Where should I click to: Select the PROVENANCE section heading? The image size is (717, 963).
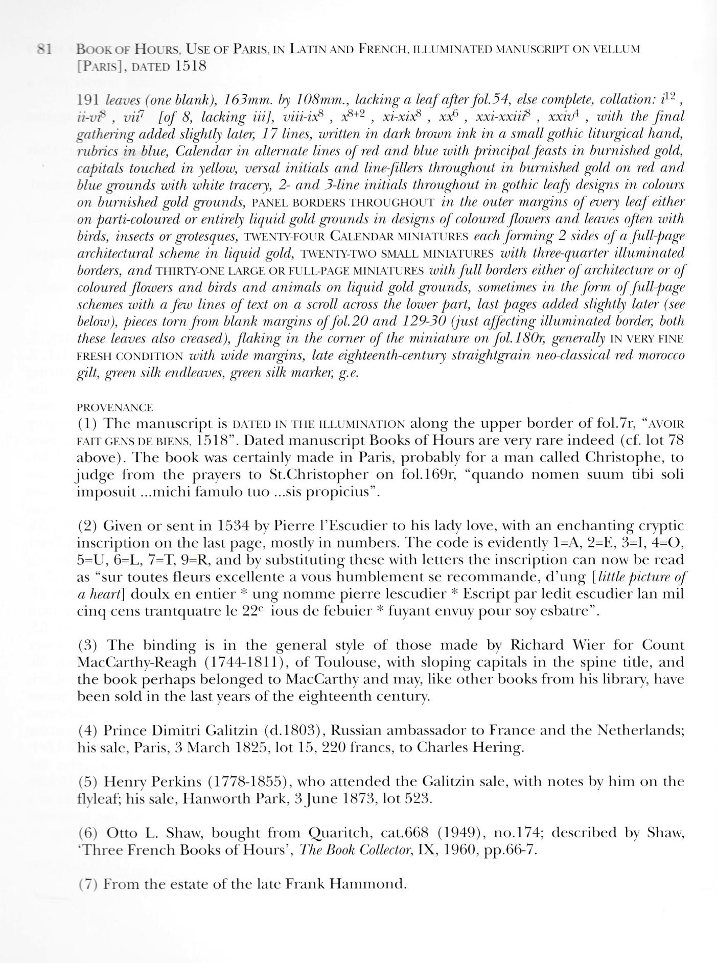coord(114,407)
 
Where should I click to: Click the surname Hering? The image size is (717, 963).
coord(501,748)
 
